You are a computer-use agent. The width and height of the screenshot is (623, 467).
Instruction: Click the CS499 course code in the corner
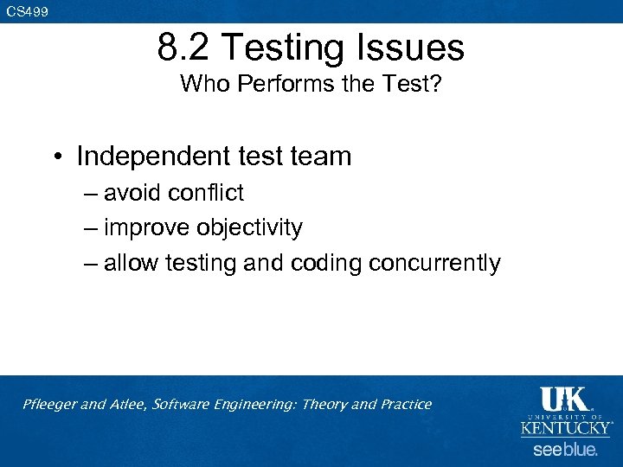[27, 12]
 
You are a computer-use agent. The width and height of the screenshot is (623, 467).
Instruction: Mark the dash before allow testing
[92, 263]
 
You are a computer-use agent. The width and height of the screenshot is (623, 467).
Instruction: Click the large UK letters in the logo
[563, 399]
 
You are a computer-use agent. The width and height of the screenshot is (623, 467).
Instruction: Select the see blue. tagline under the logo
[565, 450]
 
